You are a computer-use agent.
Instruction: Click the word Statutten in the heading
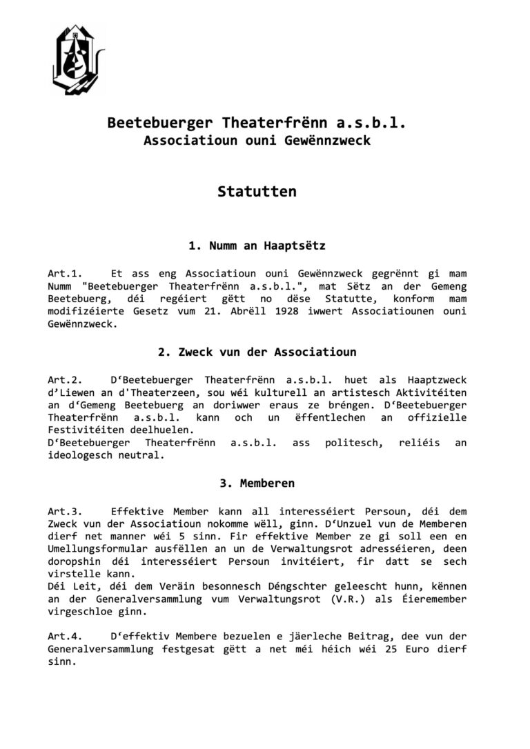[x=257, y=191]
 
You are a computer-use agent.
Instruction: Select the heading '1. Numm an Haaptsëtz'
[x=257, y=245]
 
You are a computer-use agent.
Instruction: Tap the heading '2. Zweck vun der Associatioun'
[x=257, y=352]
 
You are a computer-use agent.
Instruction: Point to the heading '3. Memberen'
[x=257, y=483]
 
